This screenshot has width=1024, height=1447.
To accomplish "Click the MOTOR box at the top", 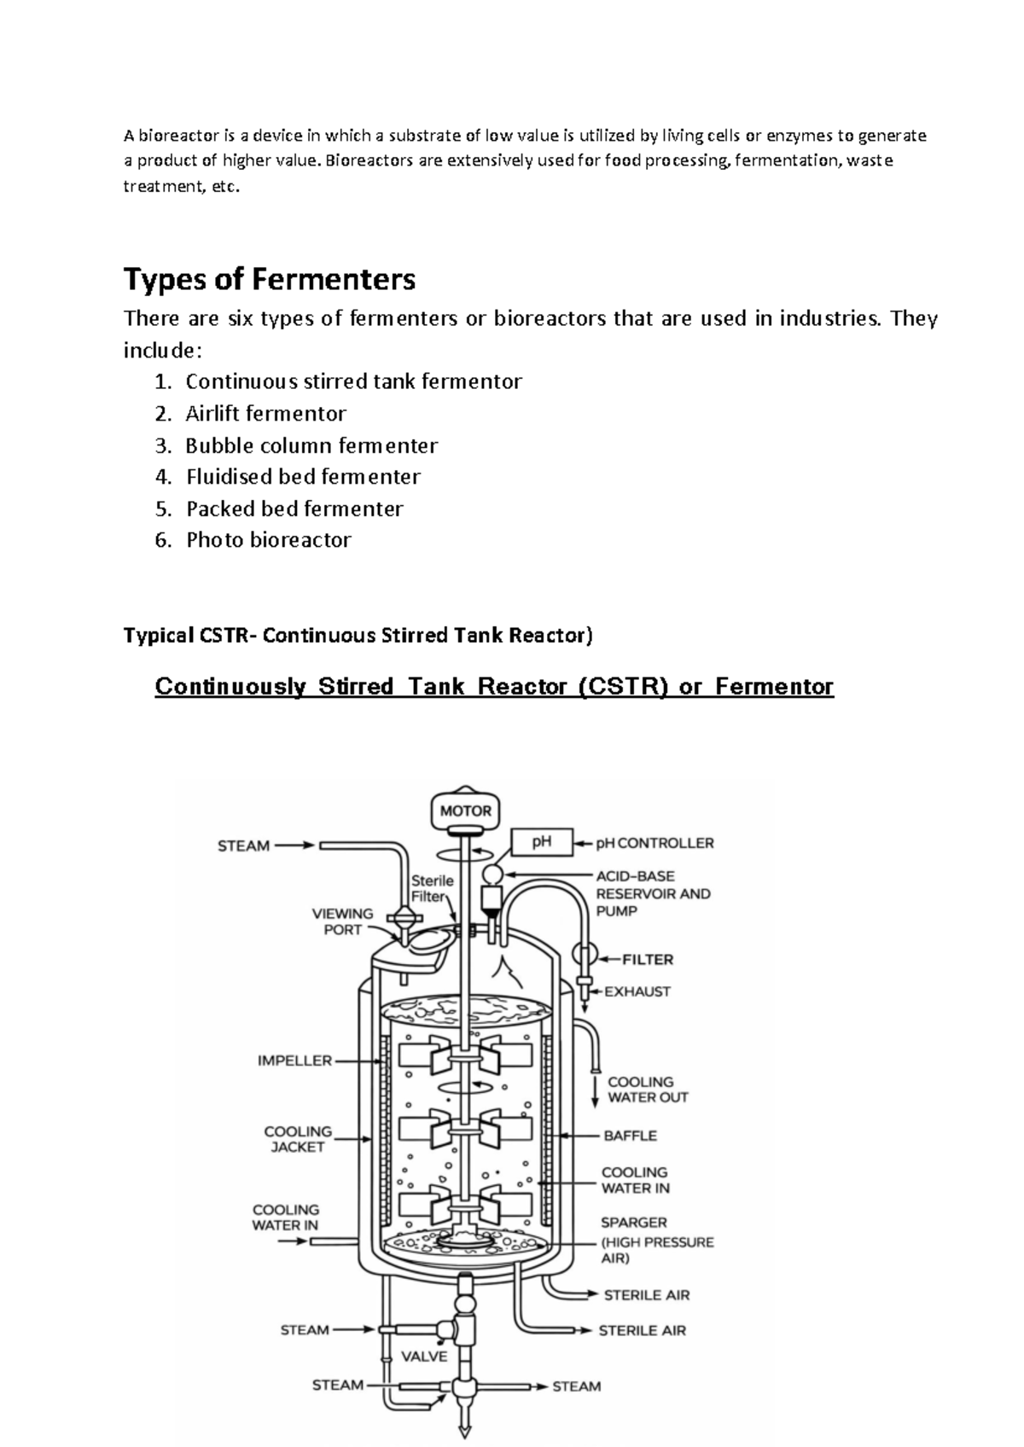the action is coord(465,810).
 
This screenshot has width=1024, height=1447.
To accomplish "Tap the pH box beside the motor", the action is coord(541,842).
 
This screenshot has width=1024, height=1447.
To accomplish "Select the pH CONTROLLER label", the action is coord(655,843).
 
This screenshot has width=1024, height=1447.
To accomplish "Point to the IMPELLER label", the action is coord(294,1061).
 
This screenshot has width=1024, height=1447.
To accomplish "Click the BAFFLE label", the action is coord(630,1136).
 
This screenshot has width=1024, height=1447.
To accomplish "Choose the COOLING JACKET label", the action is coord(298,1140).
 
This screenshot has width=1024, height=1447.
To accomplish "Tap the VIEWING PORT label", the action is coord(342,921).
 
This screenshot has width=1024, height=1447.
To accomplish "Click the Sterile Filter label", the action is coord(432,888).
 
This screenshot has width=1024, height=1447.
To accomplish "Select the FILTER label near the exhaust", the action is coord(648,960).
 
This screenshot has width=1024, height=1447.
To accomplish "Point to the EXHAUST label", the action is coord(637,991).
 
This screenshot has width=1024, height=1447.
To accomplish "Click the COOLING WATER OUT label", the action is coord(648,1090).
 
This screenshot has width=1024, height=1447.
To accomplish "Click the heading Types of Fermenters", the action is coord(270,280).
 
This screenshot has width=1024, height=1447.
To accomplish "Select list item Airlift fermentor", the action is coord(265,414).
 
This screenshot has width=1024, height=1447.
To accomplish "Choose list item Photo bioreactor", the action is coord(268,540).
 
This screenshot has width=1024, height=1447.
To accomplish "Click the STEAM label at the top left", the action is coord(243,846).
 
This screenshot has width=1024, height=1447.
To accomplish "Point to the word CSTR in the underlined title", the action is coord(623,686).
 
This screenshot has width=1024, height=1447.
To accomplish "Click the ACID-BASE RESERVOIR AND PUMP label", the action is coord(653,894).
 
